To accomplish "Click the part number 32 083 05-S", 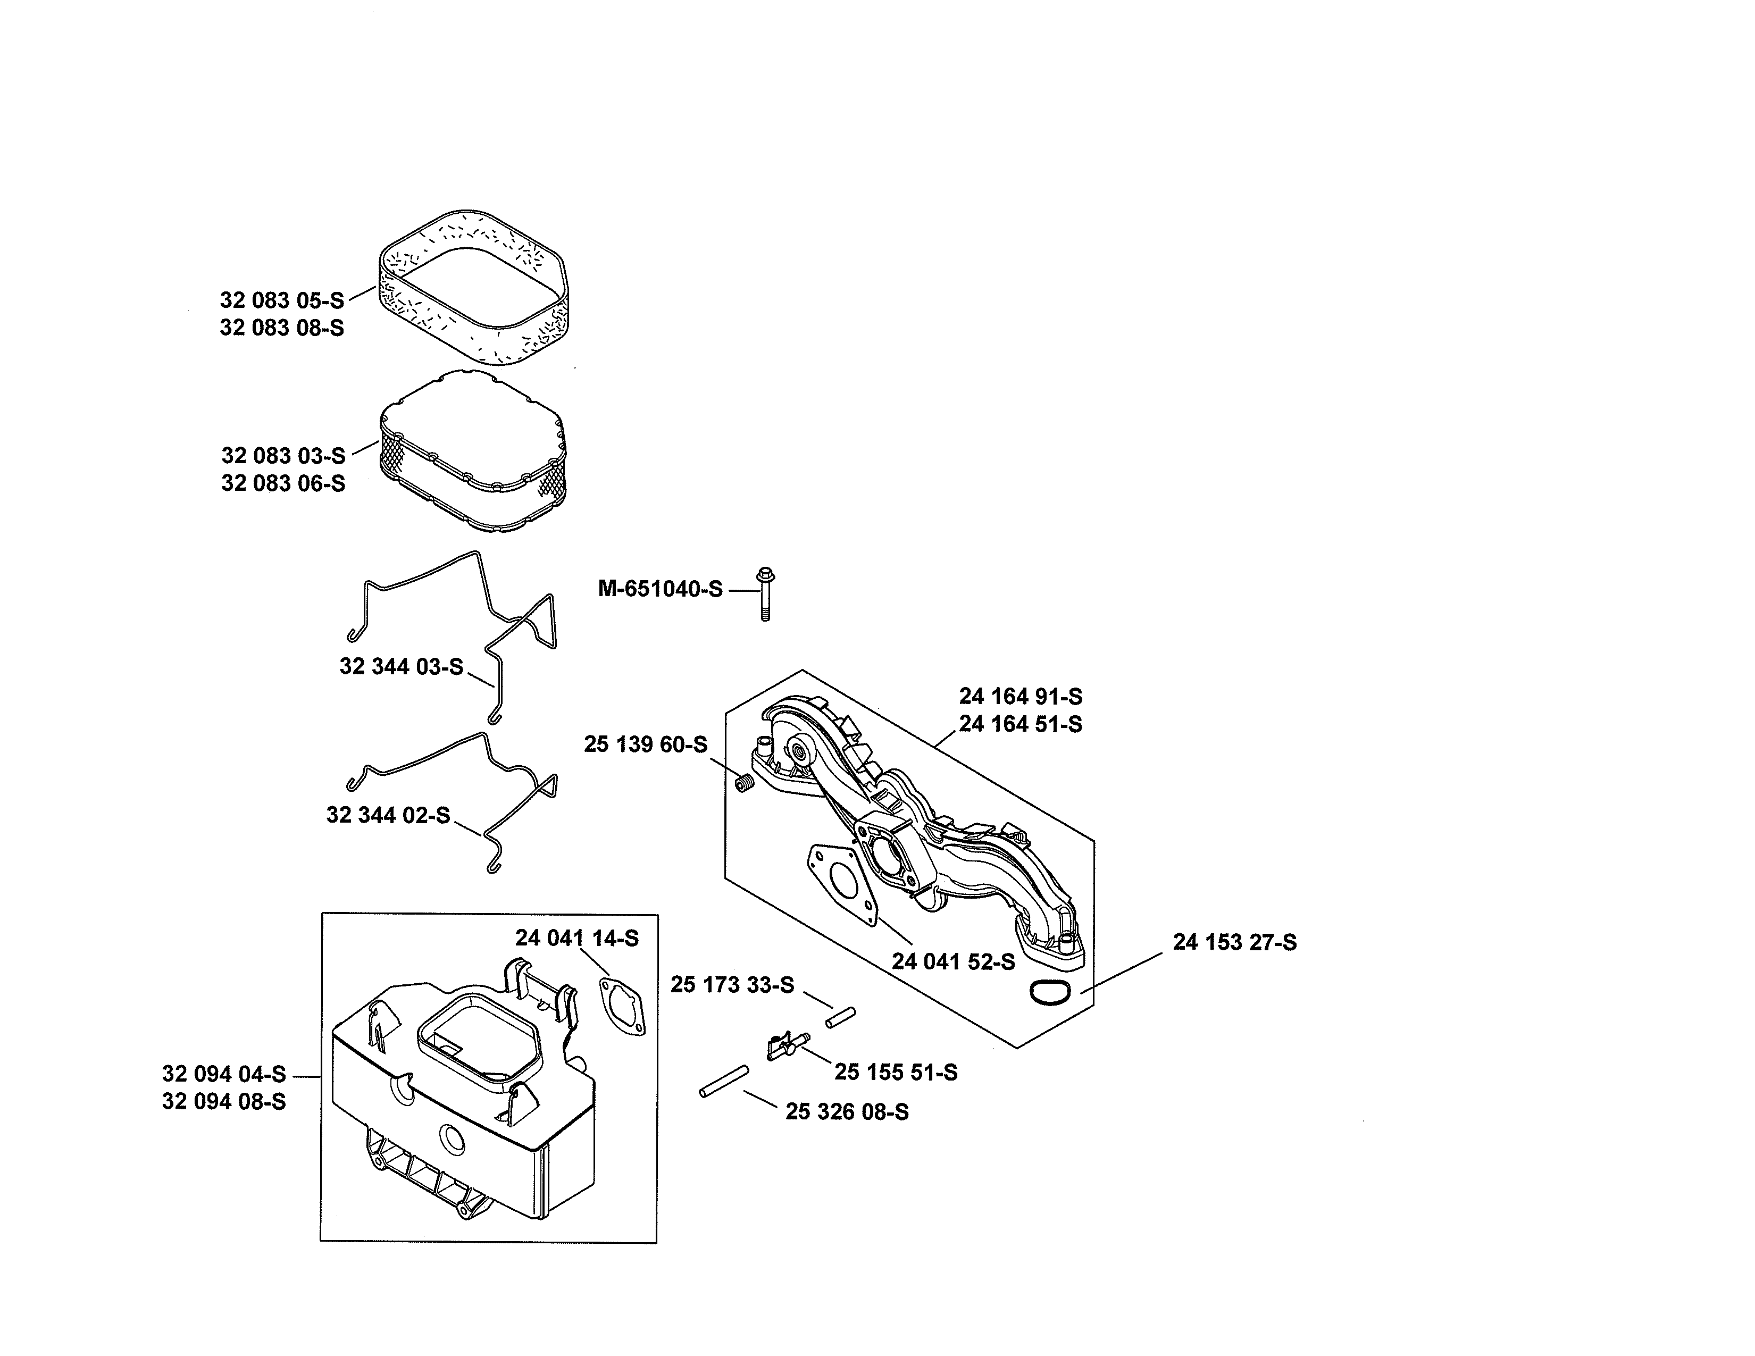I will pyautogui.click(x=281, y=300).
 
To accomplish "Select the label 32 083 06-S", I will pyautogui.click(x=283, y=483).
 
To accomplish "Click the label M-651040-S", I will pyautogui.click(x=660, y=589).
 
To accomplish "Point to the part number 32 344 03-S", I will pyautogui.click(x=401, y=667).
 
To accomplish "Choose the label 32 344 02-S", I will pyautogui.click(x=388, y=815).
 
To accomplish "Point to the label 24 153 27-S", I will pyautogui.click(x=1234, y=942).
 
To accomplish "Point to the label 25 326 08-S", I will pyautogui.click(x=847, y=1112).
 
